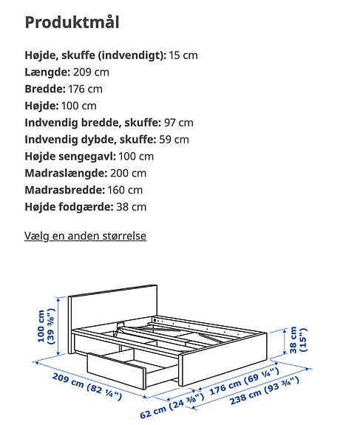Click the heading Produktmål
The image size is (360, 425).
pyautogui.click(x=72, y=22)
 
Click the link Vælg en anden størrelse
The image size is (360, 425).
pyautogui.click(x=86, y=236)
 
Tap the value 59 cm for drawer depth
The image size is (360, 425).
pyautogui.click(x=173, y=140)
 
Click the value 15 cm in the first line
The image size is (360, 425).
pyautogui.click(x=183, y=55)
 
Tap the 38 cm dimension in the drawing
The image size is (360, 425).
pyautogui.click(x=293, y=341)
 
